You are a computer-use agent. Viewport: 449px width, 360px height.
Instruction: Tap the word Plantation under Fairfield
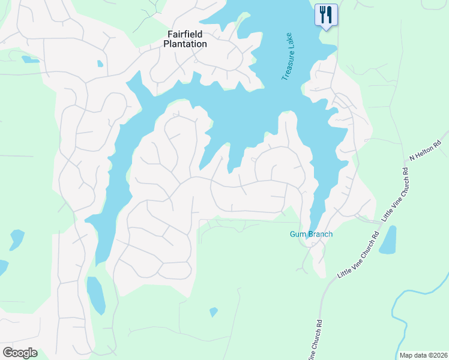click(x=187, y=44)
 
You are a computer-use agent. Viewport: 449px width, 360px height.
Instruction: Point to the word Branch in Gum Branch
click(x=320, y=234)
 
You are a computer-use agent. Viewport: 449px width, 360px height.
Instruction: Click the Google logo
click(x=20, y=352)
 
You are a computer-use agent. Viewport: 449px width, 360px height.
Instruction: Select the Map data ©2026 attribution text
click(x=423, y=355)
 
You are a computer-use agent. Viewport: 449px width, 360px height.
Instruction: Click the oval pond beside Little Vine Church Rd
click(x=388, y=240)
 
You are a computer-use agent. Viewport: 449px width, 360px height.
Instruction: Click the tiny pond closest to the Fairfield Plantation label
click(x=100, y=63)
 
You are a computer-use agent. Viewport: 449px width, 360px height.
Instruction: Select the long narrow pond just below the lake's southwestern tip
click(x=95, y=295)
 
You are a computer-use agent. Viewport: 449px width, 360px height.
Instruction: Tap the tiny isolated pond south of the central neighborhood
click(x=213, y=312)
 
